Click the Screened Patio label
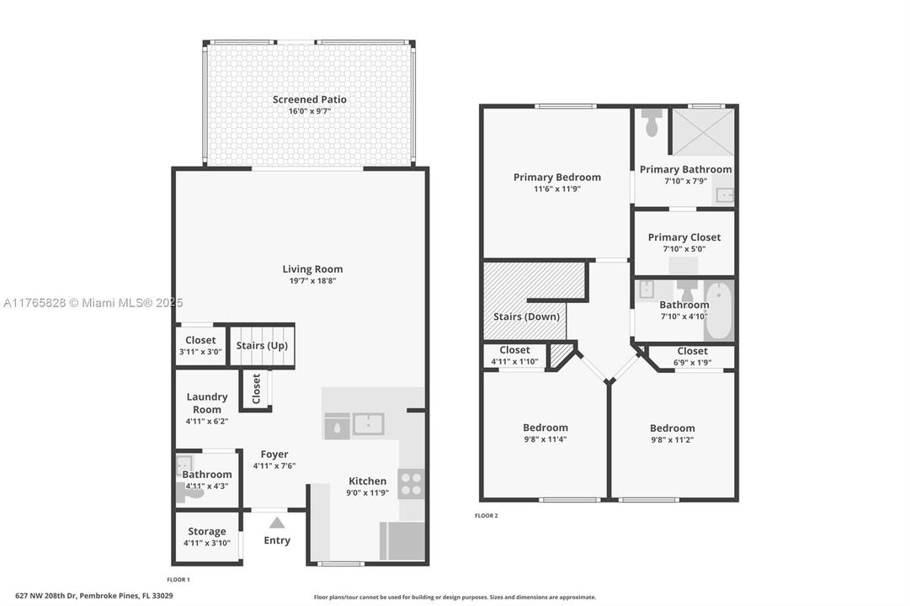pyautogui.click(x=309, y=99)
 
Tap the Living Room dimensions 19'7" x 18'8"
pyautogui.click(x=312, y=281)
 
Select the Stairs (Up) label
pyautogui.click(x=262, y=345)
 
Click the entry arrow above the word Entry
pyautogui.click(x=277, y=523)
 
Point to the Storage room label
pyautogui.click(x=207, y=531)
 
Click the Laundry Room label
pyautogui.click(x=207, y=402)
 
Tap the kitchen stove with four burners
pyautogui.click(x=411, y=483)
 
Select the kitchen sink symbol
pyautogui.click(x=368, y=424)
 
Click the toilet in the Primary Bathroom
pyautogui.click(x=651, y=123)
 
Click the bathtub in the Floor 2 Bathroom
pyautogui.click(x=718, y=311)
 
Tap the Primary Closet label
pyautogui.click(x=684, y=237)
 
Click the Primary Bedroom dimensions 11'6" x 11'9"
pyautogui.click(x=556, y=189)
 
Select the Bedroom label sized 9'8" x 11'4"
pyautogui.click(x=545, y=428)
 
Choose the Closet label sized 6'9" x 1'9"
pyautogui.click(x=692, y=351)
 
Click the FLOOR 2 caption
pyautogui.click(x=486, y=515)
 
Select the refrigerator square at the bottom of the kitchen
pyautogui.click(x=402, y=541)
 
